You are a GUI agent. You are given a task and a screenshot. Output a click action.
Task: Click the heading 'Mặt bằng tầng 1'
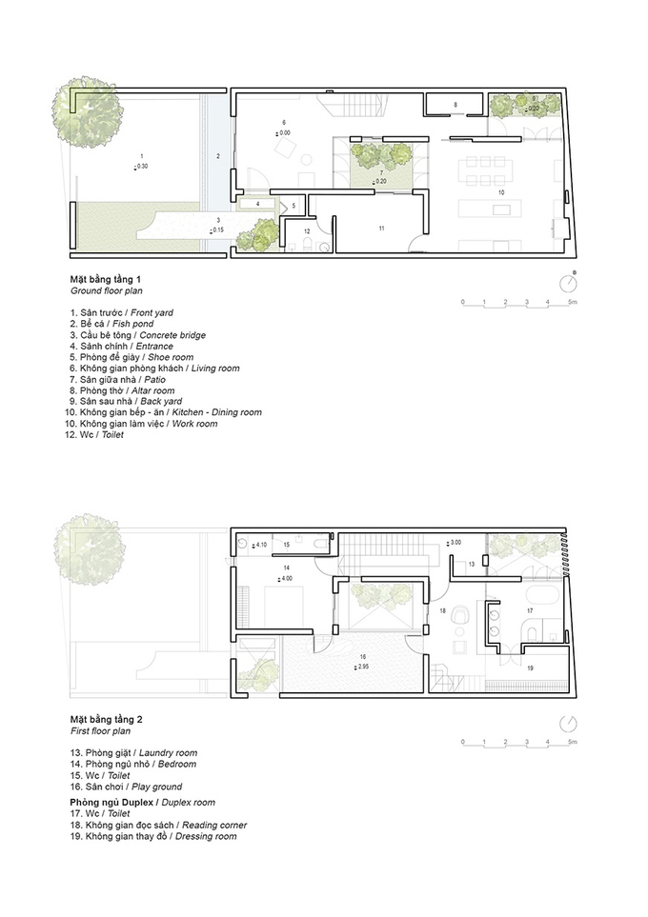click(x=106, y=280)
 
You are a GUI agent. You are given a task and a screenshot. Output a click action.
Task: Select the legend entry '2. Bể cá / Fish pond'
click(x=111, y=324)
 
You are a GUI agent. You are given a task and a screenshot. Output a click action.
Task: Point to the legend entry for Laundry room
click(x=133, y=753)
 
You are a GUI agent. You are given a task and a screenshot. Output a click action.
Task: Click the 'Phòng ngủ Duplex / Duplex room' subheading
click(x=143, y=803)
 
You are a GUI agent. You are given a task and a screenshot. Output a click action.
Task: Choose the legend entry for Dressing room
click(x=153, y=836)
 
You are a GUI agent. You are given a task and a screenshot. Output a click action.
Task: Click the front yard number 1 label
click(x=142, y=156)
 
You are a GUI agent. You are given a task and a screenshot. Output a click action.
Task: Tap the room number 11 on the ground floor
click(x=381, y=229)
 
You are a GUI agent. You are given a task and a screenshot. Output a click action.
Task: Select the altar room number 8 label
click(x=456, y=105)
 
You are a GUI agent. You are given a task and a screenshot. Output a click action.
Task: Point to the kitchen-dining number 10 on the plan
click(x=501, y=192)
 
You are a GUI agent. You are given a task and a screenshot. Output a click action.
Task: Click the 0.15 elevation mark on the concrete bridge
click(x=217, y=229)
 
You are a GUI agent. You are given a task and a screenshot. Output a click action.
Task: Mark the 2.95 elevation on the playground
click(x=362, y=667)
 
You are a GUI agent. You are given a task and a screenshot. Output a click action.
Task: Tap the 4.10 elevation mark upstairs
click(x=260, y=545)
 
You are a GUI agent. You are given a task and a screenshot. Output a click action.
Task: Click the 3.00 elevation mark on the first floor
click(x=455, y=543)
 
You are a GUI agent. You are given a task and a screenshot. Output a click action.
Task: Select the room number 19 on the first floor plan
click(x=531, y=668)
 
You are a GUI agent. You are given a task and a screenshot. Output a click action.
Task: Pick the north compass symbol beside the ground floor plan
click(x=568, y=284)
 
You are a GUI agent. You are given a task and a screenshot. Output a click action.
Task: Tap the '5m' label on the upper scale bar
click(x=572, y=303)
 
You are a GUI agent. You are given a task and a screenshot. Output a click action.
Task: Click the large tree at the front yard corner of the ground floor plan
click(x=89, y=110)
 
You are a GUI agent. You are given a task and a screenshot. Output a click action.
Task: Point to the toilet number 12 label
click(x=307, y=232)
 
